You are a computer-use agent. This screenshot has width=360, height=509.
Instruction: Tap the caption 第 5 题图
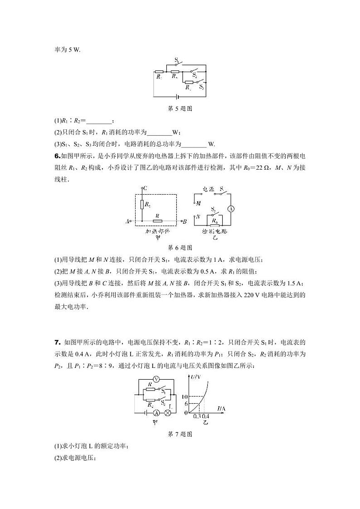pos(180,109)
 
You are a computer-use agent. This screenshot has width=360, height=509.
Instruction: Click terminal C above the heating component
pos(143,188)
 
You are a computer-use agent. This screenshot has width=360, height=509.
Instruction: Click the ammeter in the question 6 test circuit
pos(230,209)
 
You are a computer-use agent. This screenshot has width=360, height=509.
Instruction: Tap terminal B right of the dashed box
pos(183,222)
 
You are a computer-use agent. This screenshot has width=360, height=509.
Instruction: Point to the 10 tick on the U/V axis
pos(185,397)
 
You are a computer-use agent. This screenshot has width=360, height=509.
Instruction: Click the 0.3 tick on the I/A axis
pos(196,416)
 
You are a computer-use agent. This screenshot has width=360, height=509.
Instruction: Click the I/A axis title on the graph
pos(221,409)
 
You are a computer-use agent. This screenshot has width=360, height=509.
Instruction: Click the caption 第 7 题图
pos(180,434)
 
